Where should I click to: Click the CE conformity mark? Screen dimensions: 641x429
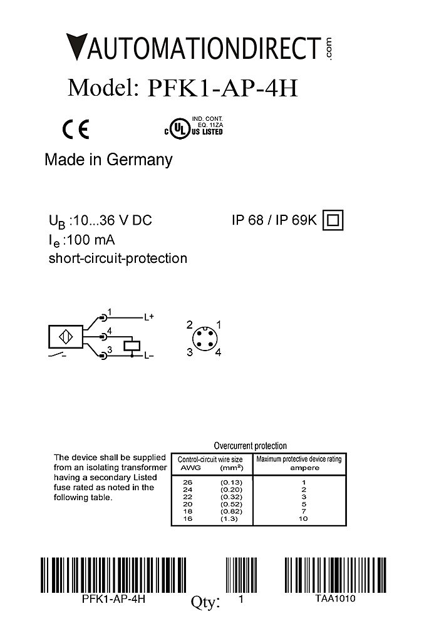tap(76, 129)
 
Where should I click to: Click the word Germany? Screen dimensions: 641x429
tap(139, 160)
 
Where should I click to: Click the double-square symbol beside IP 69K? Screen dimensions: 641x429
tap(333, 220)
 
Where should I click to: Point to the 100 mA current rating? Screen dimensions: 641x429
tap(92, 240)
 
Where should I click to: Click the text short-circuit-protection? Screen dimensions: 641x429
tap(118, 258)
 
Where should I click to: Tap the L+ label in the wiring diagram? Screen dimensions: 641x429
tap(148, 317)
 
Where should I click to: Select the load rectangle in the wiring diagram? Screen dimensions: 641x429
tap(132, 345)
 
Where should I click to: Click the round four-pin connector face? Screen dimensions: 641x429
tap(203, 338)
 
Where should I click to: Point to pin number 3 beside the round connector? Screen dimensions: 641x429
tap(189, 352)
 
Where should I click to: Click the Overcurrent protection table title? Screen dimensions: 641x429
tap(250, 446)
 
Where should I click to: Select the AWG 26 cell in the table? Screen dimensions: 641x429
tap(187, 482)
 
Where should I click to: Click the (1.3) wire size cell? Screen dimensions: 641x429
tap(229, 519)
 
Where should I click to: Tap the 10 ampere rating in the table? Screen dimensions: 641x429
tap(304, 519)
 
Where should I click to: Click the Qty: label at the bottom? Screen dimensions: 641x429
tap(205, 602)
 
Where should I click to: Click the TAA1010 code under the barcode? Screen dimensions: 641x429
tap(335, 599)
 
